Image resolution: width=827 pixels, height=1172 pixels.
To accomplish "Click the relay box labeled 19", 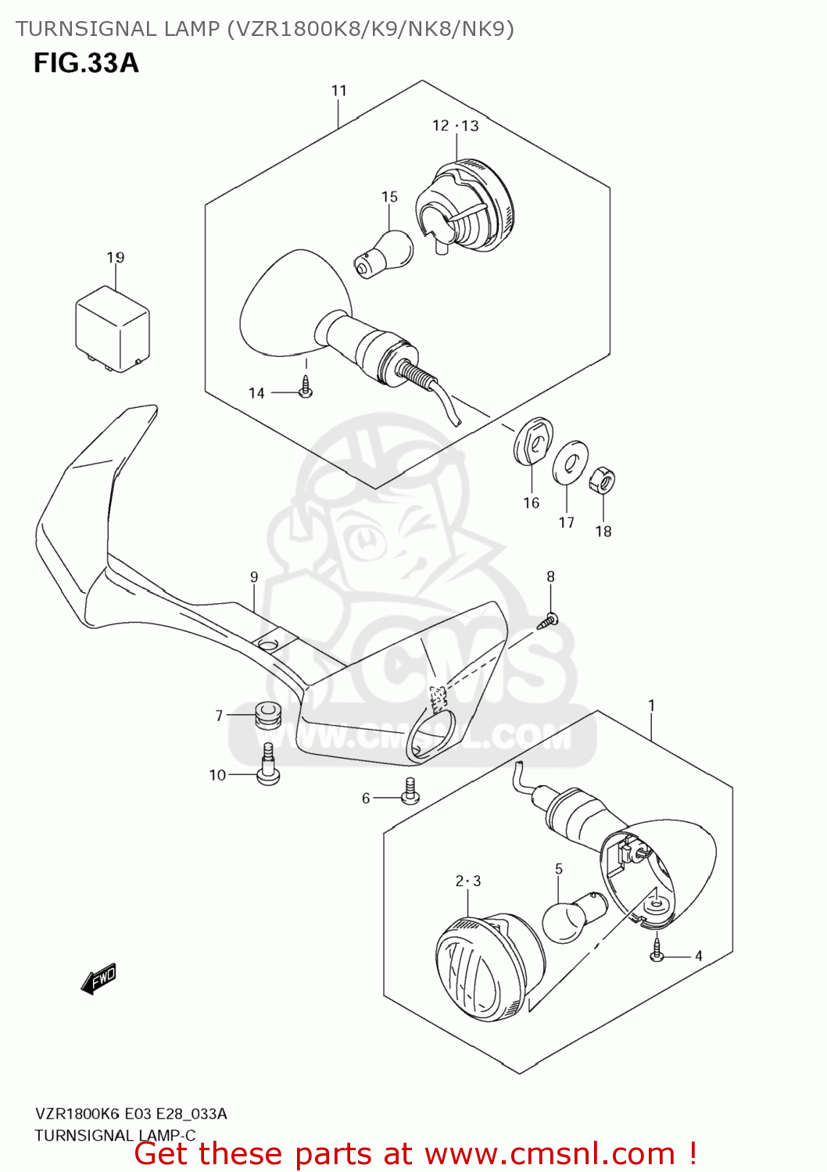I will [112, 328].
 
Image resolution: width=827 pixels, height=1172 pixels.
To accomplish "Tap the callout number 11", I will [338, 91].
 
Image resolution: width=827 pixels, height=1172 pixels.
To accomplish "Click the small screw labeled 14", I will [306, 388].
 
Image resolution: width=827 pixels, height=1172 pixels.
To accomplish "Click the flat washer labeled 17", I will [571, 463].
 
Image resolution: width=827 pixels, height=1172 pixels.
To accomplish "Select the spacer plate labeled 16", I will [533, 441].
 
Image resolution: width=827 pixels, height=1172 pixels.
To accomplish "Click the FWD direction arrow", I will [98, 978].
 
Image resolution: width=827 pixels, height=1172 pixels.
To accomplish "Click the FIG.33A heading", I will [86, 63].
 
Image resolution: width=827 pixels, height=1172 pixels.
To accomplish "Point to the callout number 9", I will [254, 577].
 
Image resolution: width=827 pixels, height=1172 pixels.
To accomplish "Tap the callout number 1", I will [651, 706].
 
